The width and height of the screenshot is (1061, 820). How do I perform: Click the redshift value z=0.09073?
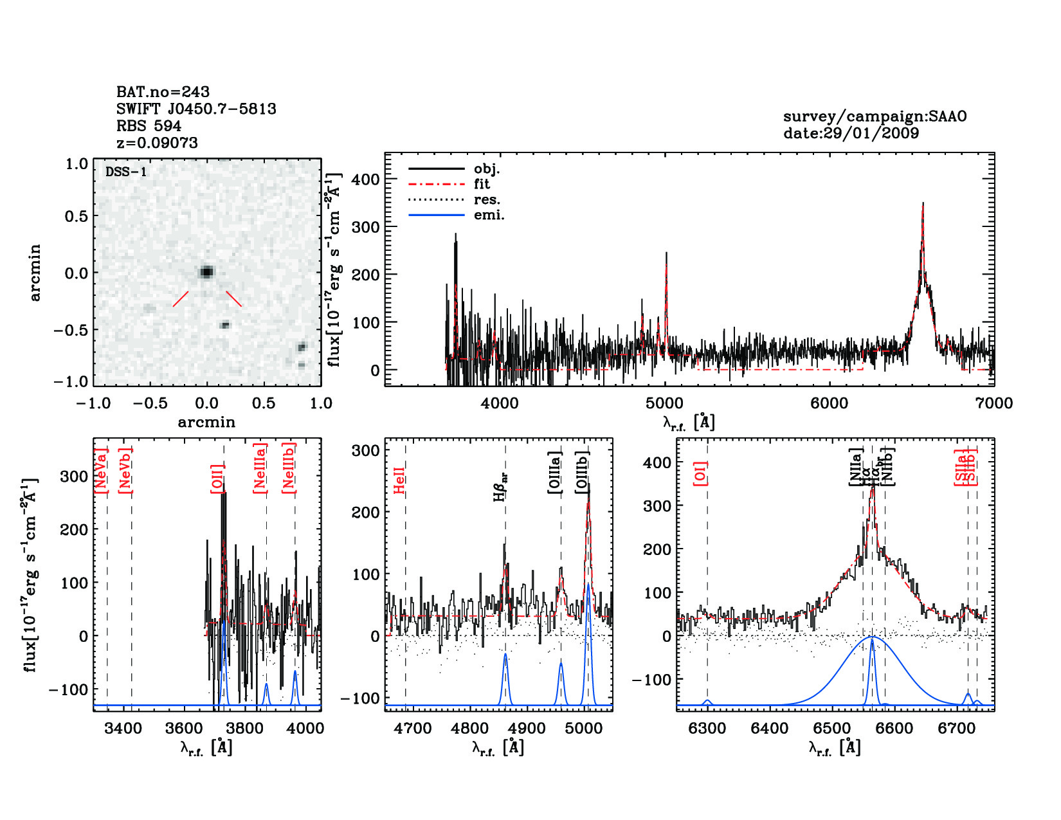pyautogui.click(x=157, y=143)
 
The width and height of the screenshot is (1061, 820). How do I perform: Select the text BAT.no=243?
pyautogui.click(x=163, y=92)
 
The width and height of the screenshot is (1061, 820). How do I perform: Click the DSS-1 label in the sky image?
pyautogui.click(x=126, y=172)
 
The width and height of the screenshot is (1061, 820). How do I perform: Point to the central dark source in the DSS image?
pyautogui.click(x=206, y=271)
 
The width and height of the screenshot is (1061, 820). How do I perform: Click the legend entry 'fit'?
pyautogui.click(x=482, y=184)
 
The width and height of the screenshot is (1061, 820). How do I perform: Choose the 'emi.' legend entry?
pyautogui.click(x=489, y=215)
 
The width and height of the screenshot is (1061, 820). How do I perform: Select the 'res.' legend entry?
pyautogui.click(x=487, y=200)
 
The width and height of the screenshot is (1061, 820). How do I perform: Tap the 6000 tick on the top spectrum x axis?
pyautogui.click(x=829, y=403)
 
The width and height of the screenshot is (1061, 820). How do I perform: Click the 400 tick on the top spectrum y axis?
pyautogui.click(x=365, y=179)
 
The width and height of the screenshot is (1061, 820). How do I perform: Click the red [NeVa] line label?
pyautogui.click(x=101, y=471)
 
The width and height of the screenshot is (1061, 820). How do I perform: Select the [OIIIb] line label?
pyautogui.click(x=583, y=472)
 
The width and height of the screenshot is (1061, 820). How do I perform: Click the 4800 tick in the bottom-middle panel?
pyautogui.click(x=470, y=728)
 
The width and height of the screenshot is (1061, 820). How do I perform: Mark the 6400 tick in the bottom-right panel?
pyautogui.click(x=770, y=728)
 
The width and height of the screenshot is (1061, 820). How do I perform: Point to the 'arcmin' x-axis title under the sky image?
pyautogui.click(x=206, y=423)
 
